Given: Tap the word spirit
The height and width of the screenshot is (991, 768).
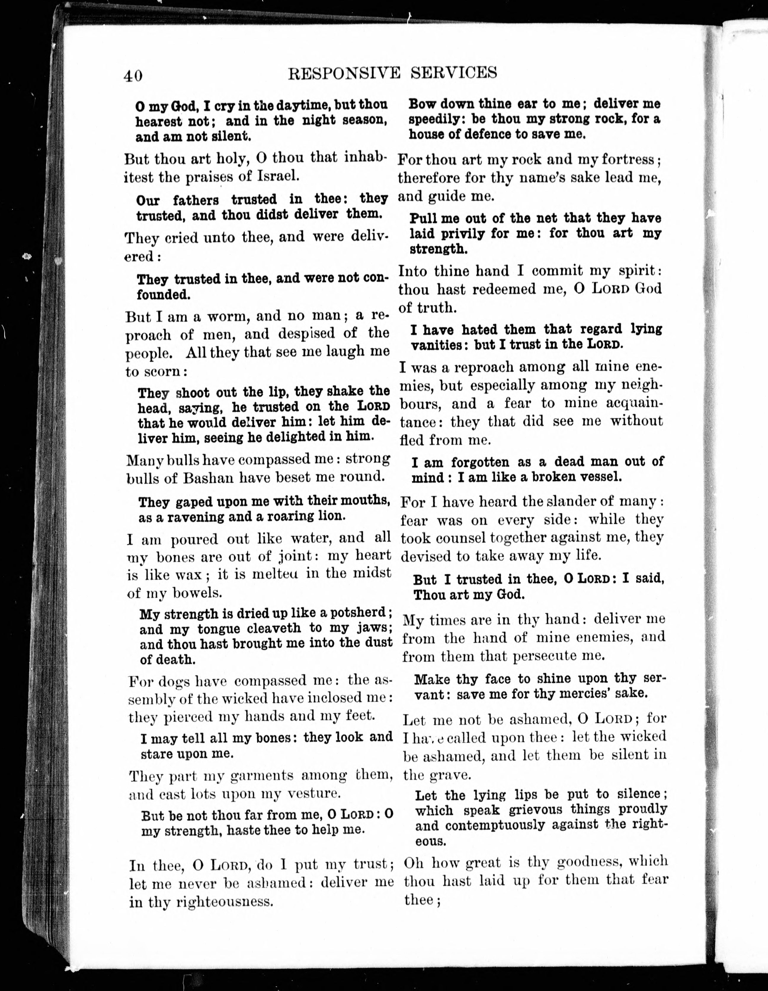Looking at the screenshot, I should click(640, 271).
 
